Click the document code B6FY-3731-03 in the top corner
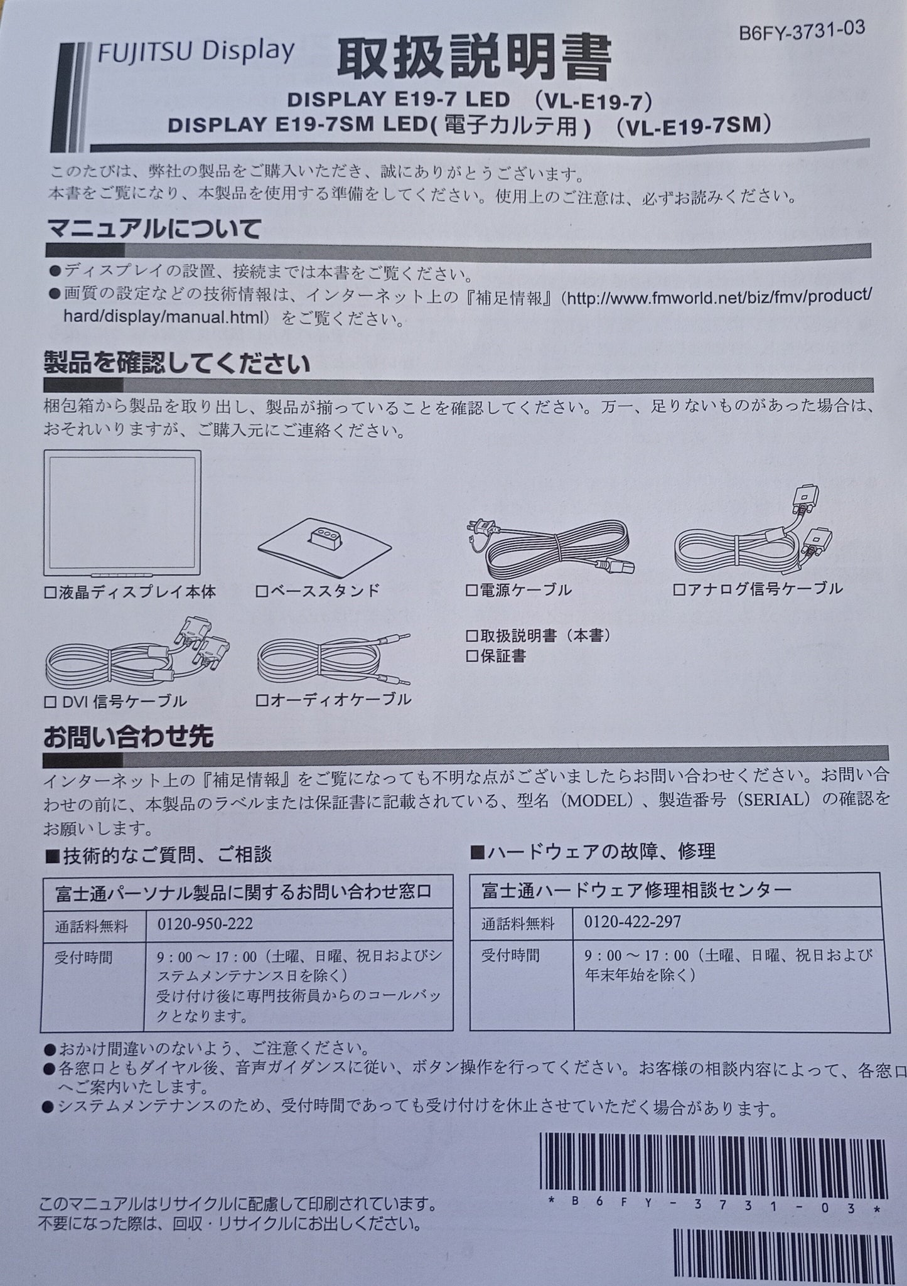(802, 30)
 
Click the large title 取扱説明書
(473, 61)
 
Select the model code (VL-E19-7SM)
(692, 126)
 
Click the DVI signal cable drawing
(137, 657)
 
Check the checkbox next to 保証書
(472, 656)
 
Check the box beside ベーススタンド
(262, 591)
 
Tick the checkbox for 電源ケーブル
(472, 590)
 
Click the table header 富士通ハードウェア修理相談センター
(636, 890)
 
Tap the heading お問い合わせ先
(128, 737)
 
